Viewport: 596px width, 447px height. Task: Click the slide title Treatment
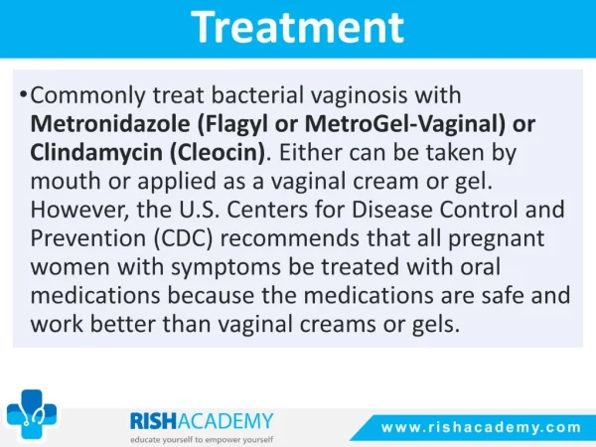(x=298, y=27)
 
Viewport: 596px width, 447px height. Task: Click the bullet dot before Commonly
(x=24, y=94)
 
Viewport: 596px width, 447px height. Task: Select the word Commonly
(x=87, y=95)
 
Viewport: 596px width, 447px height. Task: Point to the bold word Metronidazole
(x=110, y=123)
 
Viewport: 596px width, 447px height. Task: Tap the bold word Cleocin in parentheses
(x=217, y=153)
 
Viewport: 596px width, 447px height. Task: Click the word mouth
(x=66, y=181)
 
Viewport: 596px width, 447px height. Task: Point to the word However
(x=79, y=211)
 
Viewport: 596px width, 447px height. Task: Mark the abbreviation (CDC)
(x=183, y=239)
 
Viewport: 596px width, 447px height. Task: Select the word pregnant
(x=497, y=239)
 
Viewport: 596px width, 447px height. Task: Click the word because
(x=211, y=296)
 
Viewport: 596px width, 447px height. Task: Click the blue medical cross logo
(x=32, y=414)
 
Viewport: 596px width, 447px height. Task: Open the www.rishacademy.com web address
(x=481, y=427)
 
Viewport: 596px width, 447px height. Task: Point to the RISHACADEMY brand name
(x=202, y=421)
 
